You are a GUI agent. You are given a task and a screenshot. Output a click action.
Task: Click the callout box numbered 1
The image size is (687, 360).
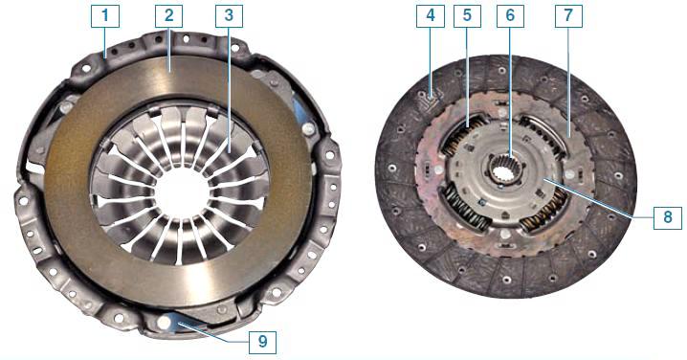(105, 16)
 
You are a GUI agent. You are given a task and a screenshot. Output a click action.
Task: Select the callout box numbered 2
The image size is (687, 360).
(168, 16)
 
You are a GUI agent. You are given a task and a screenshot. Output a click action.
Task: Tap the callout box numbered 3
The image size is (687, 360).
(229, 16)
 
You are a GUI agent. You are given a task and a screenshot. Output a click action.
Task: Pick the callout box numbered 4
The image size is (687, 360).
(431, 16)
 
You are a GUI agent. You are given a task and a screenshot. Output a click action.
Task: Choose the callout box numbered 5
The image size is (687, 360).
(467, 16)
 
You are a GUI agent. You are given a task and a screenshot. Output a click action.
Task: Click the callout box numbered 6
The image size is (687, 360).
(510, 16)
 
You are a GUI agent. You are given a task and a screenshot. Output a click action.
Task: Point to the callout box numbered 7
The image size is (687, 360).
(568, 16)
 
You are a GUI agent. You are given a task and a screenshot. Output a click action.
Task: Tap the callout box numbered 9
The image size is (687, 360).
(262, 342)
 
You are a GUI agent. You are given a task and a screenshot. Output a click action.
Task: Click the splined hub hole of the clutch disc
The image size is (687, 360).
(505, 172)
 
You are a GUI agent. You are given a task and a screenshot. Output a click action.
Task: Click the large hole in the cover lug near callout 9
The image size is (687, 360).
(164, 323)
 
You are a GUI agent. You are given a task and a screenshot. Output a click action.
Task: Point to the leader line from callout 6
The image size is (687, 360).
(510, 93)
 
